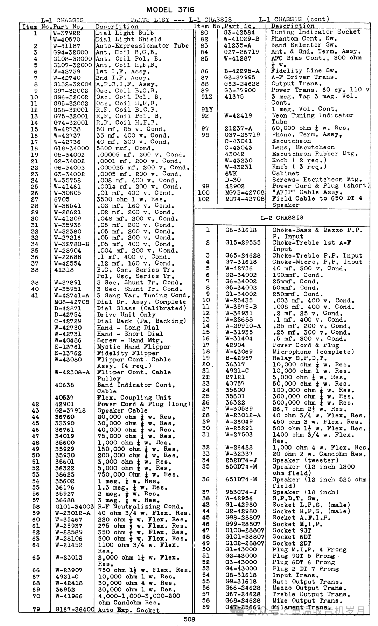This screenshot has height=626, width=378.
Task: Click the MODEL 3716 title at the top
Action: [x=170, y=9]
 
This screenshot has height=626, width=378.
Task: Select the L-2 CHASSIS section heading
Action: [x=282, y=218]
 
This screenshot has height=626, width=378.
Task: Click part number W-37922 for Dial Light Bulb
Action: [x=66, y=33]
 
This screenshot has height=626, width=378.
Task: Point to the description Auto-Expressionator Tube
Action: [x=142, y=46]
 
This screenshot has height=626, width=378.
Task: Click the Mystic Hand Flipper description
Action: [x=134, y=347]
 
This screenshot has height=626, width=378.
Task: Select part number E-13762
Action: [x=68, y=353]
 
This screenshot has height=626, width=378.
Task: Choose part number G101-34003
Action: [x=74, y=507]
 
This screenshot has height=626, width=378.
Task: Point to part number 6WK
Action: [x=231, y=173]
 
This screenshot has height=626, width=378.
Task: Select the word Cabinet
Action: [x=286, y=173]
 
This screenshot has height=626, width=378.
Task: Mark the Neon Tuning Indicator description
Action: [x=313, y=115]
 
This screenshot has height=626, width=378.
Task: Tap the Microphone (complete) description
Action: [x=311, y=352]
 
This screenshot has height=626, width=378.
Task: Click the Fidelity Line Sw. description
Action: [x=304, y=71]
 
